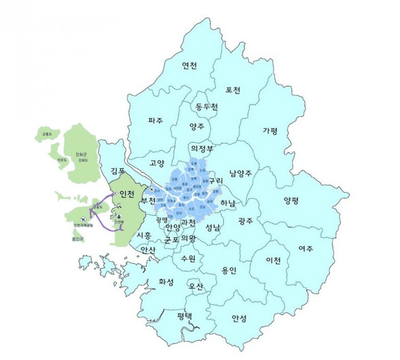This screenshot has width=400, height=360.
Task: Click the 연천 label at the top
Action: coord(190,66)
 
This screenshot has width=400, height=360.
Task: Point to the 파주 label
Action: coord(155,120)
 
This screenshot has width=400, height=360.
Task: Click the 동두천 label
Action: coord(207,107)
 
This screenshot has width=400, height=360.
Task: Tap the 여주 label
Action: coord(306,248)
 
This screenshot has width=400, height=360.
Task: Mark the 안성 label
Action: coord(239,319)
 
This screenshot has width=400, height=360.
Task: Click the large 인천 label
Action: coord(127,193)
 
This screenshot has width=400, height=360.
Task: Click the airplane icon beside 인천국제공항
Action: coord(84,219)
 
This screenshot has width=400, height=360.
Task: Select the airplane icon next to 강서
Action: coord(152,189)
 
